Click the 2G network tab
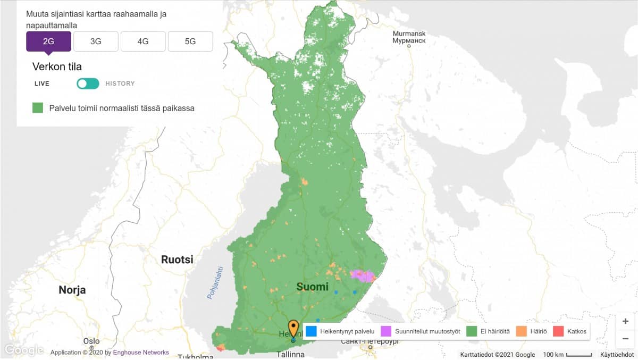coord(48,41)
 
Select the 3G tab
coord(96,41)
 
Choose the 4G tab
coord(143,41)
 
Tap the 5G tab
coord(190,41)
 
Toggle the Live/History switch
coord(88,83)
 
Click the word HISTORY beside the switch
coord(120,83)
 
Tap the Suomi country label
coord(312,287)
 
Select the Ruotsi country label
coord(177,260)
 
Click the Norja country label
coord(72,290)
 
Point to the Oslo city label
coord(91,341)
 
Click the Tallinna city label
coord(291,354)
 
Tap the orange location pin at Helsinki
coord(293,328)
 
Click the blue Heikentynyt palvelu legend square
coord(312,331)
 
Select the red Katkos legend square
coord(558,331)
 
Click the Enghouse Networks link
coord(140,352)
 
